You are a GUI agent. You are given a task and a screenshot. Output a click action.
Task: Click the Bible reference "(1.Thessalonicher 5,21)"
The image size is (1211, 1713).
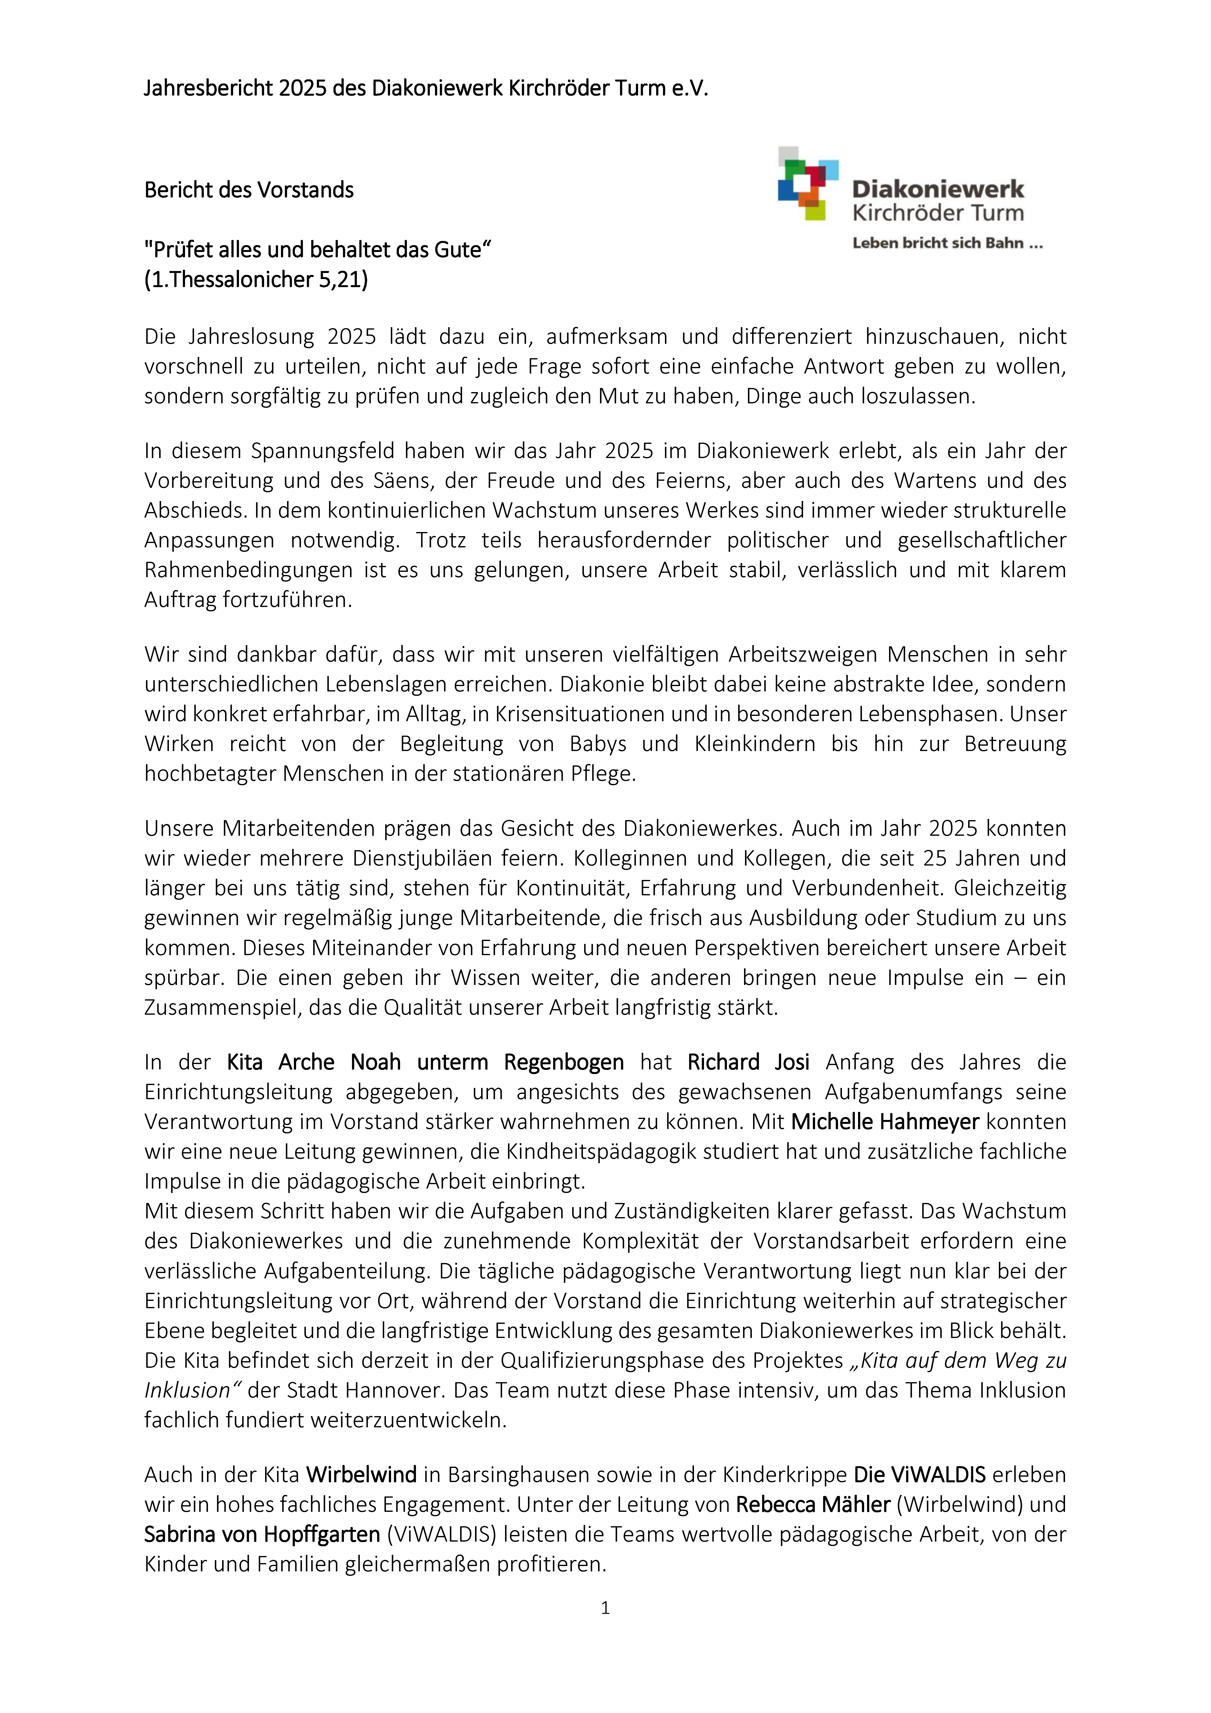pyautogui.click(x=256, y=280)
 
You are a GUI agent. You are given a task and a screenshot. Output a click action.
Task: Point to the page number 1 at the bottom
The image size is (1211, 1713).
pyautogui.click(x=605, y=1608)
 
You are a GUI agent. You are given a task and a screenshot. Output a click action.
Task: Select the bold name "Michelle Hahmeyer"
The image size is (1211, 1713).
pyautogui.click(x=885, y=1121)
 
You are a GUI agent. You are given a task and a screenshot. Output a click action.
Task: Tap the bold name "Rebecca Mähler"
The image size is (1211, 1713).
pyautogui.click(x=813, y=1504)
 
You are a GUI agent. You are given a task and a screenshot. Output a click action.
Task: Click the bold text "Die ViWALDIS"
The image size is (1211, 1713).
pyautogui.click(x=919, y=1474)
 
